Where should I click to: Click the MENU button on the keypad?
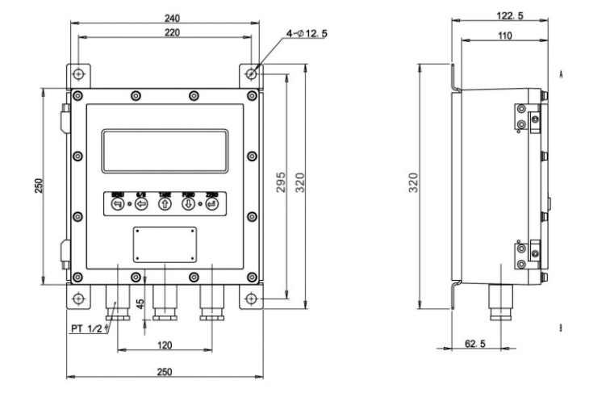[118, 205]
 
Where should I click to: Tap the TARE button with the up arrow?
[165, 205]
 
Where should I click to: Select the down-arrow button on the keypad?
[188, 205]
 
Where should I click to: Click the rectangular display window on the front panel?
[165, 152]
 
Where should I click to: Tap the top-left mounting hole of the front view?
[77, 75]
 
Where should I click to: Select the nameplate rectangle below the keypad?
[165, 244]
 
